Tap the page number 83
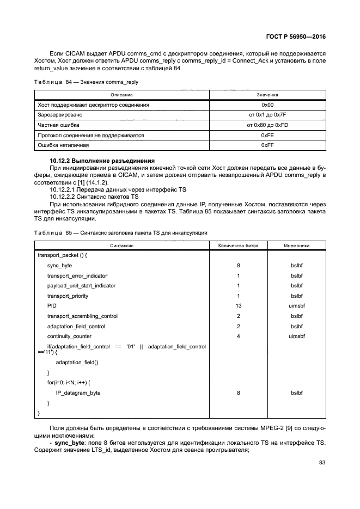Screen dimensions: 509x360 click(321, 463)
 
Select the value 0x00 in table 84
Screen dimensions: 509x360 click(267, 105)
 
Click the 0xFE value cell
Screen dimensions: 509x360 click(267, 135)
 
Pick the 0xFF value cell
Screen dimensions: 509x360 click(267, 145)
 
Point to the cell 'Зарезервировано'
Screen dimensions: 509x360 click(60, 115)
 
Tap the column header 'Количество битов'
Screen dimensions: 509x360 click(238, 246)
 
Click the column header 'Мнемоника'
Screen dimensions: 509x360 click(297, 246)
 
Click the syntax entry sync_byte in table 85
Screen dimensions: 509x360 click(59, 266)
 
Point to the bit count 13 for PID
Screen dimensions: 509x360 click(238, 306)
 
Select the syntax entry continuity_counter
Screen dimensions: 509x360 click(69, 336)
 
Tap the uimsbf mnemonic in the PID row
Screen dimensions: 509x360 click(297, 306)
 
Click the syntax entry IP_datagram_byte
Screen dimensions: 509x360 click(78, 393)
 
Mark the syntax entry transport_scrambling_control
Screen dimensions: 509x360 click(82, 316)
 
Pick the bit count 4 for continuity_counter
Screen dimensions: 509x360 click(238, 336)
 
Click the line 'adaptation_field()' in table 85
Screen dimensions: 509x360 click(77, 362)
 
